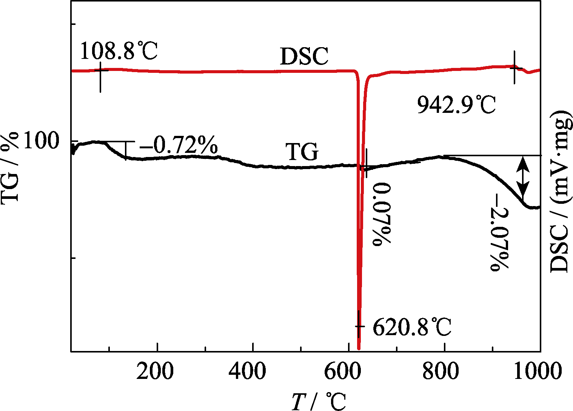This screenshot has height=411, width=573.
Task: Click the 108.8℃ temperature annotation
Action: pos(119,51)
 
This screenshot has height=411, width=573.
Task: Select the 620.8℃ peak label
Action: pos(412,327)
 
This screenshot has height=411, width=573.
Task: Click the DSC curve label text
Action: pos(304,57)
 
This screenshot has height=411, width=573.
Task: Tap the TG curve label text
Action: pos(302,153)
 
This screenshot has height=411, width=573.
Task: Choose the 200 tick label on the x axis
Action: pos(155,371)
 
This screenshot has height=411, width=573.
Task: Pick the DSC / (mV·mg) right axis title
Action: pos(561,191)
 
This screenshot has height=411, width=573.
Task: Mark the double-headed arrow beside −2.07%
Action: pos(523,176)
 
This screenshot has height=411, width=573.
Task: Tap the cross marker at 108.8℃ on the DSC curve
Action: pos(100,70)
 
